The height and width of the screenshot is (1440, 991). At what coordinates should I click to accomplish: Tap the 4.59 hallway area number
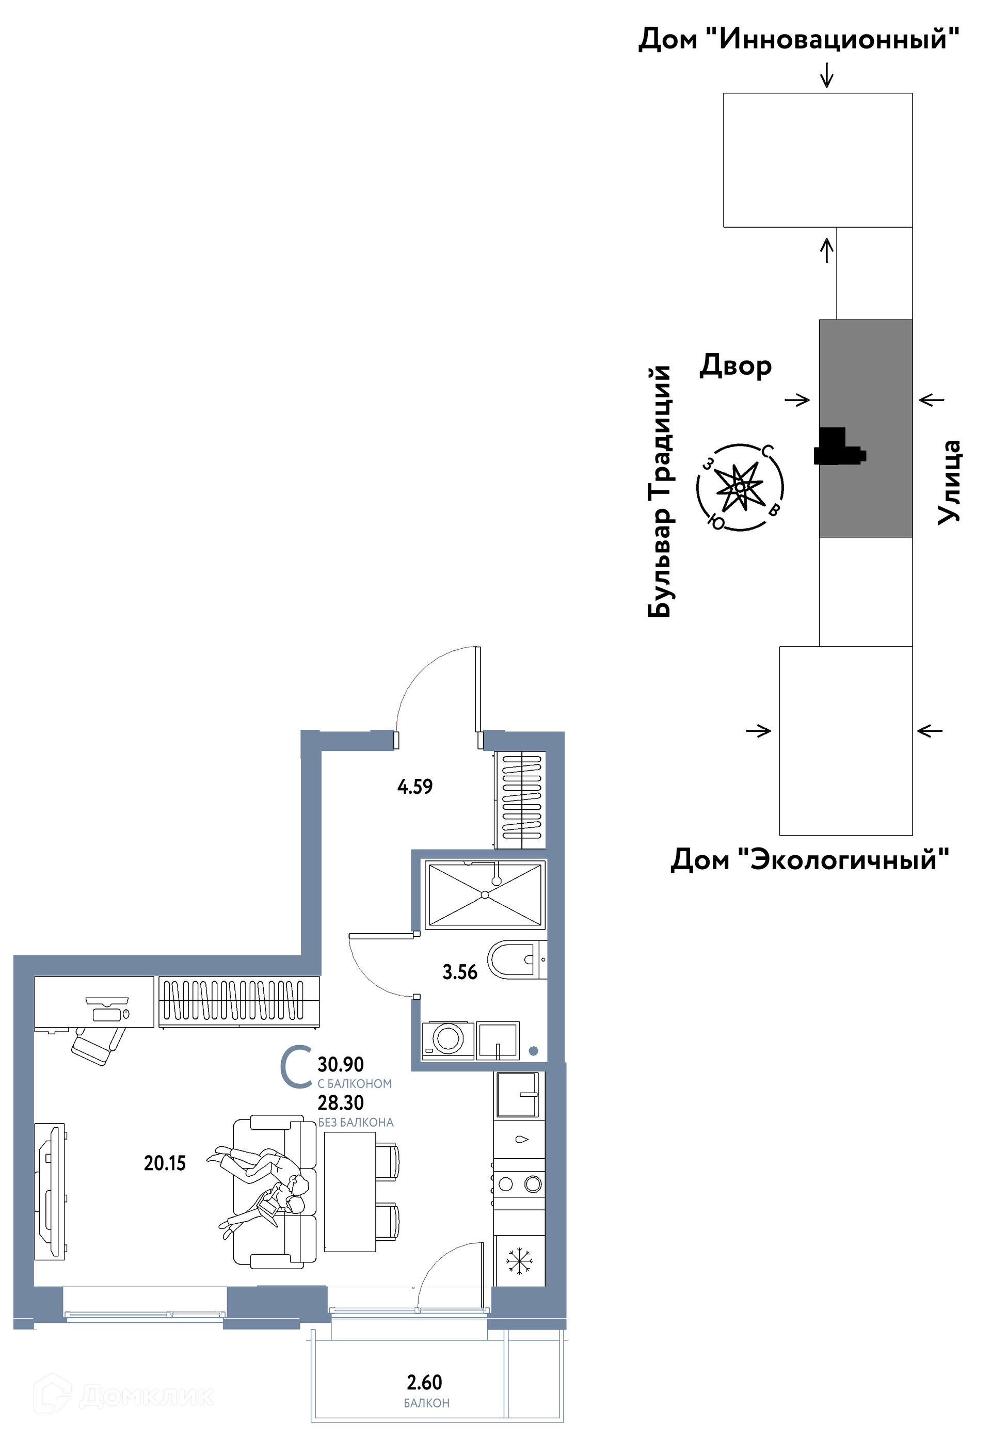[x=415, y=786]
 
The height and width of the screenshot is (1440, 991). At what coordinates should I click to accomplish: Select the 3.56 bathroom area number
[x=459, y=972]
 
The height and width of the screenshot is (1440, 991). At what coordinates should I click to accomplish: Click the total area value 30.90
[x=341, y=1064]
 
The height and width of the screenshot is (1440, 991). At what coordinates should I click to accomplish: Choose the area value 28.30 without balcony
[x=341, y=1103]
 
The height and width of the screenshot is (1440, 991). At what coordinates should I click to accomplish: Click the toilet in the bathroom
[x=517, y=959]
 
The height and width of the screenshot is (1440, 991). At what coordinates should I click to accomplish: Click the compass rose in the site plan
[x=740, y=487]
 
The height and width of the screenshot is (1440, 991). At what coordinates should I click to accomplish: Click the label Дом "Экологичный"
[x=810, y=860]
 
